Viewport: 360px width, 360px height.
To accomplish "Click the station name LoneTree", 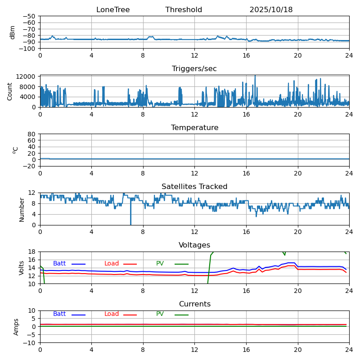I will pyautogui.click(x=113, y=10).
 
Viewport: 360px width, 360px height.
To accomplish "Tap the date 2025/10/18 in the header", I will pyautogui.click(x=271, y=10).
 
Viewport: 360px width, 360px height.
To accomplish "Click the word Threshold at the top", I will pyautogui.click(x=184, y=10).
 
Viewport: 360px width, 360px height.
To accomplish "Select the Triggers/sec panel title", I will pyautogui.click(x=194, y=69).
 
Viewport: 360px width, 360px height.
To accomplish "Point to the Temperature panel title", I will pyautogui.click(x=194, y=128).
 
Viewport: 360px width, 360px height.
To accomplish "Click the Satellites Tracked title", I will pyautogui.click(x=194, y=187).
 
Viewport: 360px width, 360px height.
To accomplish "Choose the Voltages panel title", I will pyautogui.click(x=194, y=245).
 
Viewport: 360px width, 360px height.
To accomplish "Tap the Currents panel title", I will pyautogui.click(x=194, y=304).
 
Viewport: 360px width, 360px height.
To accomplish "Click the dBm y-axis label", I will pyautogui.click(x=13, y=32).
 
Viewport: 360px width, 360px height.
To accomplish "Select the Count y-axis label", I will pyautogui.click(x=10, y=91).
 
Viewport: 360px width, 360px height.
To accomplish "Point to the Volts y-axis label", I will pyautogui.click(x=22, y=268).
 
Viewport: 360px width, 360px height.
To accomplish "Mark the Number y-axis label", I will pyautogui.click(x=22, y=209).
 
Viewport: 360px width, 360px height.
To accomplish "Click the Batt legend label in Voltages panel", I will pyautogui.click(x=59, y=264).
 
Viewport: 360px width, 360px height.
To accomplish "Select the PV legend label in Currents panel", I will pyautogui.click(x=160, y=314).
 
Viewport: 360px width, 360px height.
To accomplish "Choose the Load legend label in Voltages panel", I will pyautogui.click(x=112, y=264).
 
